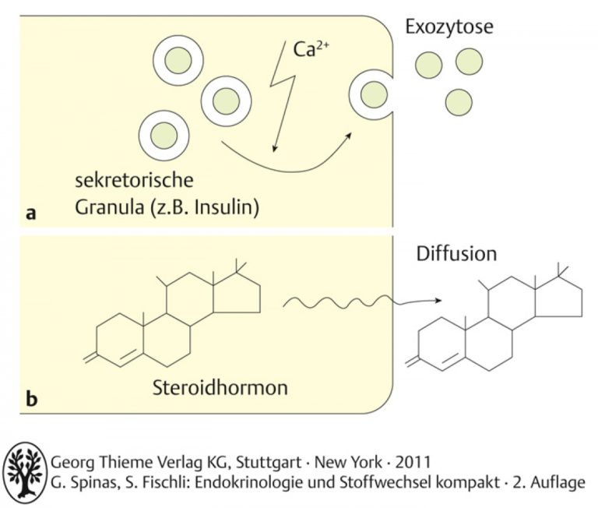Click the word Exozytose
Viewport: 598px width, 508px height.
(448, 26)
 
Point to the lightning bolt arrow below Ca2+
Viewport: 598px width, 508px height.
(283, 97)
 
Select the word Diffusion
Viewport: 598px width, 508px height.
(456, 254)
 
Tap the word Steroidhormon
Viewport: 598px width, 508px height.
(220, 387)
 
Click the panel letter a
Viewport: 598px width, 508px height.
(31, 213)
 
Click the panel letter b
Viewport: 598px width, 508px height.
(32, 398)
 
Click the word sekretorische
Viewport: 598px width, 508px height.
(134, 180)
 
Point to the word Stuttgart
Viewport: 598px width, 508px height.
(269, 462)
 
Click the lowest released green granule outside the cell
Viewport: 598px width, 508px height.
(459, 102)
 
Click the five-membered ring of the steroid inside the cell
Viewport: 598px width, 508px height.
(237, 292)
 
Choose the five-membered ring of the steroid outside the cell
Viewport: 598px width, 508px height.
(559, 297)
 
